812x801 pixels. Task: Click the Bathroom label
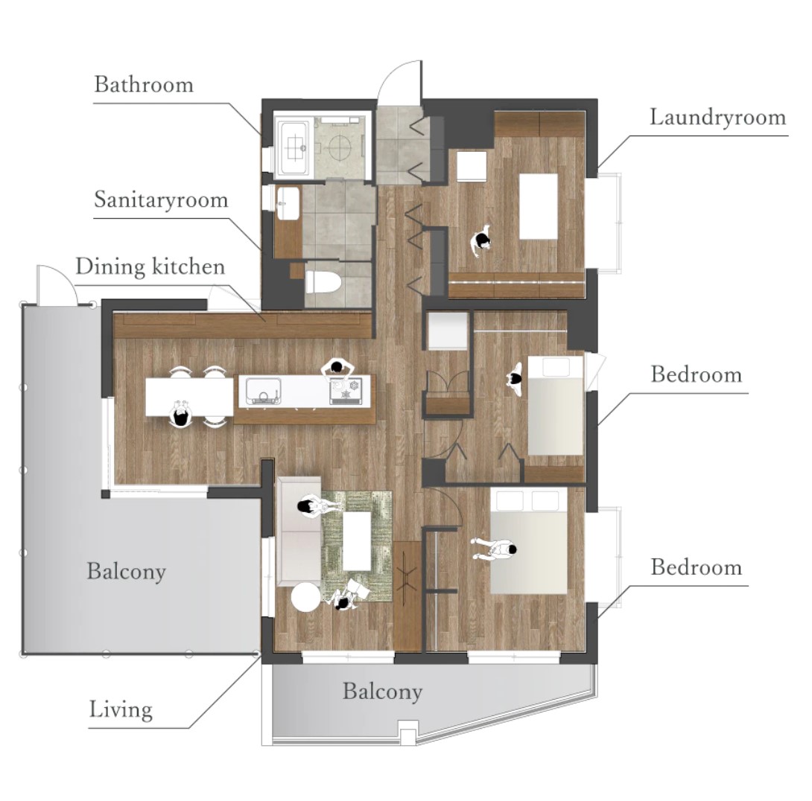point(144,84)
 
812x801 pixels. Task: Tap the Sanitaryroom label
point(161,200)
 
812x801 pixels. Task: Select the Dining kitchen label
point(150,267)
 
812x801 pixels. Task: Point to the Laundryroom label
point(717,118)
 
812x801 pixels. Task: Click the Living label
point(121,710)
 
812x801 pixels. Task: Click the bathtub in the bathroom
point(294,147)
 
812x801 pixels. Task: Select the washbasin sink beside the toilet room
point(288,203)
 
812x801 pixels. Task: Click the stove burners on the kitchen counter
point(346,391)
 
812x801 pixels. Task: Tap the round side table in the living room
point(306,597)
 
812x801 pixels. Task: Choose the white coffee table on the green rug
point(357,540)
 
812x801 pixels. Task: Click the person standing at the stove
point(337,368)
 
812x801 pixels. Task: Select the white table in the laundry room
point(538,206)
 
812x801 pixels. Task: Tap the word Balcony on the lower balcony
point(382,692)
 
